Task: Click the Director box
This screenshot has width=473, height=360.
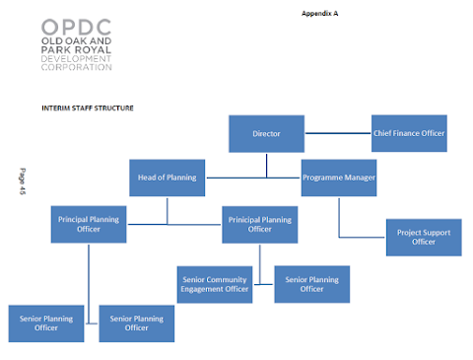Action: point(266,134)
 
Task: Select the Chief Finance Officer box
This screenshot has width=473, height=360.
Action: point(409,133)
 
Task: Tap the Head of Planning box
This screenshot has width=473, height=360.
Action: point(168,178)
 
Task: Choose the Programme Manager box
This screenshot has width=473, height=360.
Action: point(339,178)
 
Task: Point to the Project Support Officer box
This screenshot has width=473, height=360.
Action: point(424,238)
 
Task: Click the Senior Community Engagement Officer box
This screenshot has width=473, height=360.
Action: point(215,285)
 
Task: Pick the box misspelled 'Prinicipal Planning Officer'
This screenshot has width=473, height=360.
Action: point(260,225)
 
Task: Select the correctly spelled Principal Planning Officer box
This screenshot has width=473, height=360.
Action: point(89,225)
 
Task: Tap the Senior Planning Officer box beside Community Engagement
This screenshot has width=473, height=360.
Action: point(312,284)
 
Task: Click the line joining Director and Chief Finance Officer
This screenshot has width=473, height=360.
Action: point(338,133)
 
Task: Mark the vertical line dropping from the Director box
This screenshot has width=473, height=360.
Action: point(266,166)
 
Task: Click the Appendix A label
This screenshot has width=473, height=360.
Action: point(320,14)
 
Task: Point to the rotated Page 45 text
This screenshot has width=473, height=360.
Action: point(23,181)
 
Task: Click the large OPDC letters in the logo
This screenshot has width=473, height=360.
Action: point(76,28)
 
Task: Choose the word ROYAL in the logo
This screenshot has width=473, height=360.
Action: point(93,50)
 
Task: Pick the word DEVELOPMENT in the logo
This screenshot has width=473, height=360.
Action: point(76,59)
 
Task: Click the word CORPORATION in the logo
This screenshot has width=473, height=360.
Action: point(76,67)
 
